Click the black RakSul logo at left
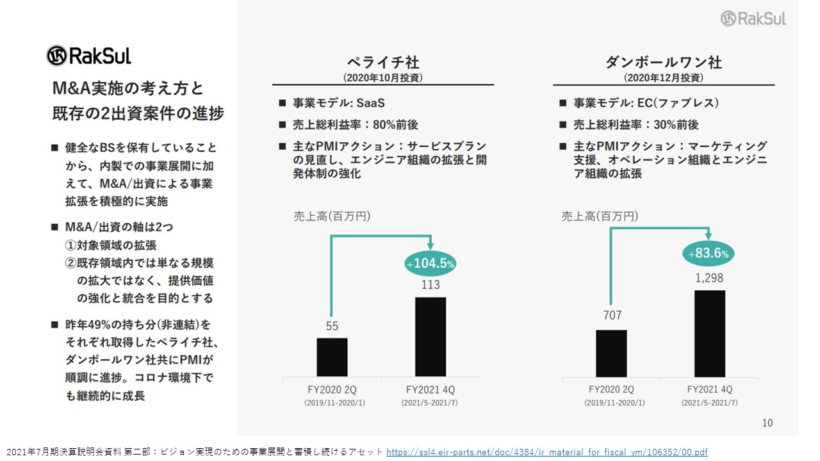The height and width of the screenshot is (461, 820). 88,56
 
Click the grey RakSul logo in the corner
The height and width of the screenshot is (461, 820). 753,19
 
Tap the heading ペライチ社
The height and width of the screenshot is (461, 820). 383,63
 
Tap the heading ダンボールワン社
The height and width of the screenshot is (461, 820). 663,63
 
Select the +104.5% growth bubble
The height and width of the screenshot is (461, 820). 430,263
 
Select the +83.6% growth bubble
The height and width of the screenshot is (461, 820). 709,253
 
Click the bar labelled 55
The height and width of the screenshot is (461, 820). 332,357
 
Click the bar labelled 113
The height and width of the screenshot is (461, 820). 430,337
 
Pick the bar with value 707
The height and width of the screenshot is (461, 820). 611,353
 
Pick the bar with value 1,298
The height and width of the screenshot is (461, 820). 710,334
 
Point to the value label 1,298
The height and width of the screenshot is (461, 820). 709,278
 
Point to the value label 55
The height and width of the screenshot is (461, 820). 332,326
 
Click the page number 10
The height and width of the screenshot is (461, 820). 767,423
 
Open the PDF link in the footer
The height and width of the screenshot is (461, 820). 547,452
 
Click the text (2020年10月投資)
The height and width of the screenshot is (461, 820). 383,78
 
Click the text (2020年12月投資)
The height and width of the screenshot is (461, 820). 663,78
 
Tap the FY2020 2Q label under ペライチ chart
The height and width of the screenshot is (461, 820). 332,390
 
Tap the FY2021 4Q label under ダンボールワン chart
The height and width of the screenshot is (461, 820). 710,389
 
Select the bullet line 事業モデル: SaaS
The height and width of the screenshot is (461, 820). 339,103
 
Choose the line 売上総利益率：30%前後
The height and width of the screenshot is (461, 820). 636,125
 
